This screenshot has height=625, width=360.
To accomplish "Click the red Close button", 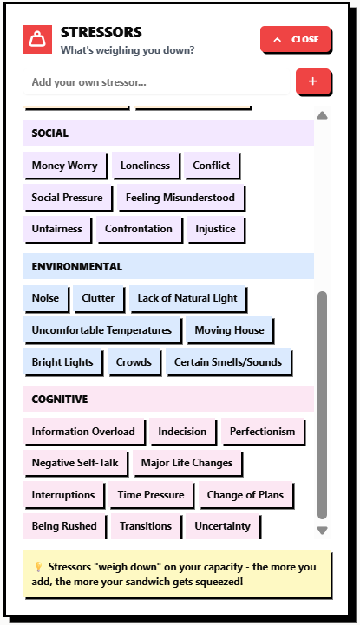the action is pyautogui.click(x=296, y=39).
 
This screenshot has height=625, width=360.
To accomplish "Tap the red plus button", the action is pyautogui.click(x=313, y=81).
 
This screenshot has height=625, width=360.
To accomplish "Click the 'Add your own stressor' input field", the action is pyautogui.click(x=156, y=82).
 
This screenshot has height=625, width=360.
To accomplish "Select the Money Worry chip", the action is pyautogui.click(x=65, y=166).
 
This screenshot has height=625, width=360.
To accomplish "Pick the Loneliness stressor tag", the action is pyautogui.click(x=146, y=166).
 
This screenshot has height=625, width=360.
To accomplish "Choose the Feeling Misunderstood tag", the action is pyautogui.click(x=180, y=198).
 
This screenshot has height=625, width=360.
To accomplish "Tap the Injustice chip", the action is pyautogui.click(x=215, y=229).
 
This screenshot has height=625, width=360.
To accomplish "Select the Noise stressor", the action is pyautogui.click(x=46, y=298).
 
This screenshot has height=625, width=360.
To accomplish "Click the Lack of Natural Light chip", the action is pyautogui.click(x=187, y=298).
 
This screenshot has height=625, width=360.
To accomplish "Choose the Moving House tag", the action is pyautogui.click(x=230, y=330).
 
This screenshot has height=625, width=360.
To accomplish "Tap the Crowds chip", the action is pyautogui.click(x=134, y=362).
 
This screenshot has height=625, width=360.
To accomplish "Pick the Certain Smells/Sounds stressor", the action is pyautogui.click(x=228, y=362).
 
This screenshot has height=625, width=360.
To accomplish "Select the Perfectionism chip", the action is pyautogui.click(x=263, y=432).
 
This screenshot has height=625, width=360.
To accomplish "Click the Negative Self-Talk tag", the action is pyautogui.click(x=75, y=463).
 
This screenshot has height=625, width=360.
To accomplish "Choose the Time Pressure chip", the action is pyautogui.click(x=151, y=495).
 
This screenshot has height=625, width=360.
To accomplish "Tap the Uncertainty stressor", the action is pyautogui.click(x=223, y=526).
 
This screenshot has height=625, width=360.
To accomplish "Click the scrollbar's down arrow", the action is pyautogui.click(x=322, y=531).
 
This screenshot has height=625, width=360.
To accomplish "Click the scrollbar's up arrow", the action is pyautogui.click(x=322, y=115).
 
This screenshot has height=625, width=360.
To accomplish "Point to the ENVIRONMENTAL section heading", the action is pyautogui.click(x=77, y=266).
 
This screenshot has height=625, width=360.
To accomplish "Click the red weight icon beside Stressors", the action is pyautogui.click(x=37, y=39).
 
